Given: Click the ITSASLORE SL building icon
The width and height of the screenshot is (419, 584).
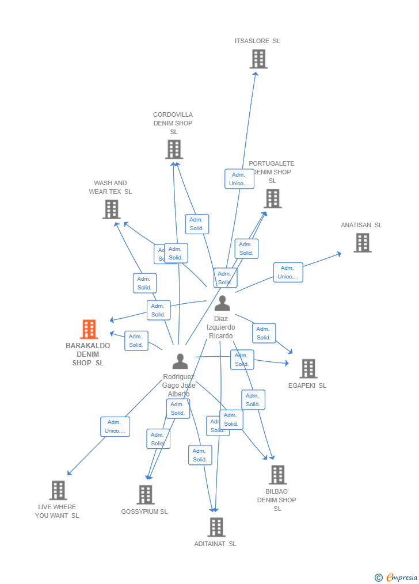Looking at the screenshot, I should click(x=258, y=59).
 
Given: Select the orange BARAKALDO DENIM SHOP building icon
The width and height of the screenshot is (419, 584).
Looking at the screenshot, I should click(x=89, y=329).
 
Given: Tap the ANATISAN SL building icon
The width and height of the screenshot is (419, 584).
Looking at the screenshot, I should click(x=362, y=243).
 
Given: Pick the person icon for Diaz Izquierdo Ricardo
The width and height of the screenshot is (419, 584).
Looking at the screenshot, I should click(x=222, y=303).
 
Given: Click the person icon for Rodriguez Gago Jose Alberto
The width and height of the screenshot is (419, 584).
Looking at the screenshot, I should click(x=180, y=361).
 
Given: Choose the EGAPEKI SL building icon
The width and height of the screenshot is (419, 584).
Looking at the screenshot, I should click(x=308, y=369).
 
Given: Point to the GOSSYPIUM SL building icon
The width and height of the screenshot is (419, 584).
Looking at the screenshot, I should click(x=146, y=494).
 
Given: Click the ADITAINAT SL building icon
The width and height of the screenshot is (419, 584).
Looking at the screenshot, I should click(x=216, y=526).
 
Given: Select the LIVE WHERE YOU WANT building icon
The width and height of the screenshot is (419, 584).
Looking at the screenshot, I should click(x=58, y=490).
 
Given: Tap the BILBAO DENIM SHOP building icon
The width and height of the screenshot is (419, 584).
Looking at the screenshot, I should click(x=278, y=475).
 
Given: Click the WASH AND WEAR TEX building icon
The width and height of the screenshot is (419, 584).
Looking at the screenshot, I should click(x=111, y=209).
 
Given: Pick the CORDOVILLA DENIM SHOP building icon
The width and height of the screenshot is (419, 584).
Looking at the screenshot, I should click(x=174, y=149).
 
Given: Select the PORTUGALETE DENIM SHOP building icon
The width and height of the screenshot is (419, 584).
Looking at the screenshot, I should click(x=272, y=199).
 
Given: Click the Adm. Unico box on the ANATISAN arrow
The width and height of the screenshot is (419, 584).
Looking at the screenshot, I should click(x=288, y=272).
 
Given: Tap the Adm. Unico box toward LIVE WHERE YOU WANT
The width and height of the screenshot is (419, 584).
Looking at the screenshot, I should click(x=115, y=426).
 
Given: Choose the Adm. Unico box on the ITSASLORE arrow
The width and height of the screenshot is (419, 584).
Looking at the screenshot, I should click(x=239, y=179).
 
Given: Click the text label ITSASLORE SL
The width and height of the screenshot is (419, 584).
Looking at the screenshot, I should click(x=257, y=41).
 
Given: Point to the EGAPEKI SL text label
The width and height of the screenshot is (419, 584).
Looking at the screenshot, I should click(x=307, y=385).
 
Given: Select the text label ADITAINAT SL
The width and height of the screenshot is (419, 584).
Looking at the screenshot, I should click(x=215, y=544).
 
